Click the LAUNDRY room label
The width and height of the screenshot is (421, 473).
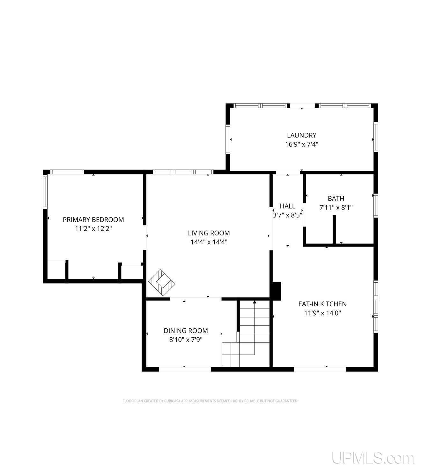(x=301, y=135)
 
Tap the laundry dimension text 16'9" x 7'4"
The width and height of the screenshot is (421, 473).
(x=301, y=144)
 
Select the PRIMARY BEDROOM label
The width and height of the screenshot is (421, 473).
(x=93, y=220)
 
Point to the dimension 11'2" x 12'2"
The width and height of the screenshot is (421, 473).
(x=93, y=229)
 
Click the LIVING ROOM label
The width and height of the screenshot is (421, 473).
(x=209, y=233)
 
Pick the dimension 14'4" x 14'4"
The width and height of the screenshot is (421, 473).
(x=209, y=242)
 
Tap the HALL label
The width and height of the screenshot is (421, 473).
(x=287, y=206)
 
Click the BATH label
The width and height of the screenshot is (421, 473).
(x=336, y=198)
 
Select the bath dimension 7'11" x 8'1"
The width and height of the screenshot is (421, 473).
(x=336, y=208)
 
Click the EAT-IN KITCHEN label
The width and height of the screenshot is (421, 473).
(x=322, y=304)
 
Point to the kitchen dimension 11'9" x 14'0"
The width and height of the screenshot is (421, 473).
(x=322, y=313)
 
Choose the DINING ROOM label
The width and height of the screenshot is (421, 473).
(x=186, y=331)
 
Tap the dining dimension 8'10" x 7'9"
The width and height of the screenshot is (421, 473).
(x=186, y=340)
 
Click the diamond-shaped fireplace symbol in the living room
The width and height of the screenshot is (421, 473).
(x=162, y=283)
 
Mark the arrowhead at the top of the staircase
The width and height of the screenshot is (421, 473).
(x=255, y=302)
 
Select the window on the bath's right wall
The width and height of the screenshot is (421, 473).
(x=375, y=206)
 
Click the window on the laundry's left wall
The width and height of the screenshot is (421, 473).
(x=228, y=139)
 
